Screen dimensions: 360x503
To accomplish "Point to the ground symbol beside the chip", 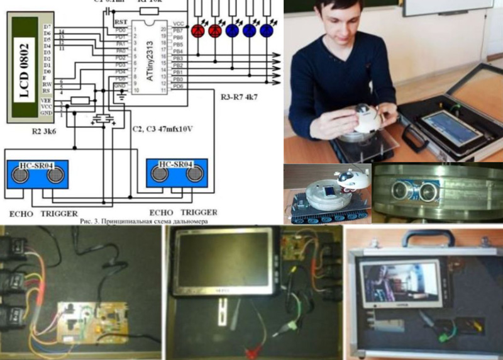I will tap(121, 96).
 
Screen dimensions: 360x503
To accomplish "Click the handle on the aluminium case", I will tap(429, 239).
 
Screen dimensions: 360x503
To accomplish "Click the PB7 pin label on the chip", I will tap(178, 30).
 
